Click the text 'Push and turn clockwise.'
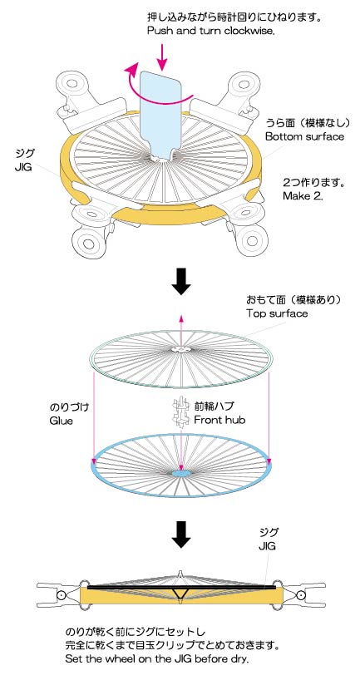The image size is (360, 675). pyautogui.click(x=210, y=31)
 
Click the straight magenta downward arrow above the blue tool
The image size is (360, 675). pyautogui.click(x=162, y=57)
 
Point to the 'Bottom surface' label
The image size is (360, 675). pyautogui.click(x=304, y=137)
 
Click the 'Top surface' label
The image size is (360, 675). pyautogui.click(x=277, y=313)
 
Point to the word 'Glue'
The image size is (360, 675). pyautogui.click(x=62, y=421)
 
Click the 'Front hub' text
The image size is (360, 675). pyautogui.click(x=219, y=420)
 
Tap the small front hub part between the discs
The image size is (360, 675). pyautogui.click(x=180, y=412)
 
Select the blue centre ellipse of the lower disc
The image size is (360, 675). pyautogui.click(x=181, y=473)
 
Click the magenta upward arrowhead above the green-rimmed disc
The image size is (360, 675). pyautogui.click(x=181, y=318)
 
